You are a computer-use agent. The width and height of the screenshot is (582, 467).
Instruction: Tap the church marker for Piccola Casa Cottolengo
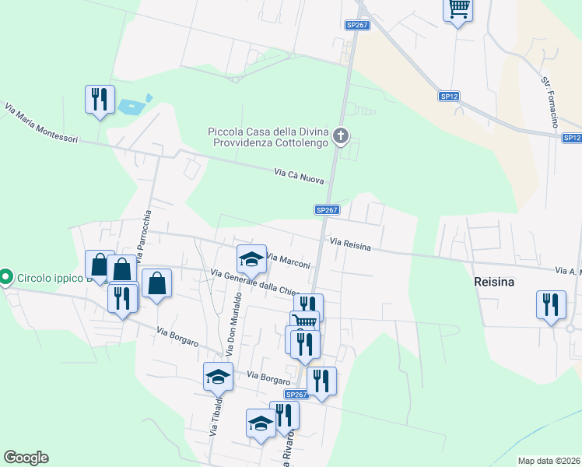tap(340, 138)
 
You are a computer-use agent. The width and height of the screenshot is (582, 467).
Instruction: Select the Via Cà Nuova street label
tap(299, 177)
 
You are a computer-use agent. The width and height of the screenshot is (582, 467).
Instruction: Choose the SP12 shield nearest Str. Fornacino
tap(449, 96)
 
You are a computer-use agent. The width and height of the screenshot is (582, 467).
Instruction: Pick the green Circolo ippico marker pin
tap(6, 276)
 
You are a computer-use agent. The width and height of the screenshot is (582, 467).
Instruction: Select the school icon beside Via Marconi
tap(251, 259)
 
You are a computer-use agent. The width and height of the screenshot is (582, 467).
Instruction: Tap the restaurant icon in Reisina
tap(551, 304)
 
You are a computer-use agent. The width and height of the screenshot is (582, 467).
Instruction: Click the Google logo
tap(26, 458)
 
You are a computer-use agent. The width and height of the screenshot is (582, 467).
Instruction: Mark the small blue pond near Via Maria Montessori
tap(128, 105)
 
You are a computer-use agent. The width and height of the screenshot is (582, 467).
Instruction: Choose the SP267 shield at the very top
tap(357, 25)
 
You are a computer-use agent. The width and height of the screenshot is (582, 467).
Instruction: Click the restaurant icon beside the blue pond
tap(100, 100)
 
